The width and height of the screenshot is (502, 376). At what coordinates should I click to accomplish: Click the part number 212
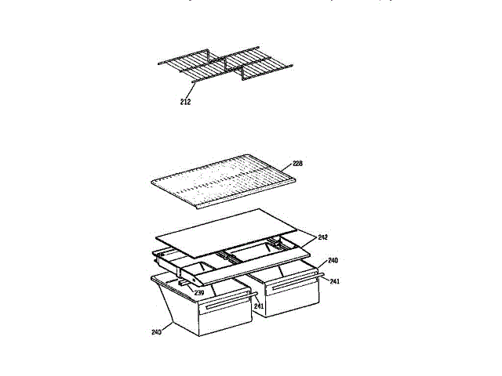pos(185,100)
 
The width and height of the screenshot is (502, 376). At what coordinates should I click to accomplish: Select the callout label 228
pos(297,164)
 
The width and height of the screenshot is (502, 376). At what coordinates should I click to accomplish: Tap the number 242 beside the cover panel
pos(323,236)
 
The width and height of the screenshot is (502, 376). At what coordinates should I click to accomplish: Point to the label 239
pos(199,293)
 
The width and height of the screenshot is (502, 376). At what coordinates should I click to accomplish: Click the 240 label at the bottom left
pos(156,331)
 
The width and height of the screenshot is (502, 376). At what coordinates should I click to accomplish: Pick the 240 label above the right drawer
pos(333,260)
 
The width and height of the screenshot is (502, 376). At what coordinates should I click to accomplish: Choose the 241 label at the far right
pos(334,281)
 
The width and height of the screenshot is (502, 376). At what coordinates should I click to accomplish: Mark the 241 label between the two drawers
pos(259,306)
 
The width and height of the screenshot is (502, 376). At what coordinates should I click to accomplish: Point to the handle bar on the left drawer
pos(224,304)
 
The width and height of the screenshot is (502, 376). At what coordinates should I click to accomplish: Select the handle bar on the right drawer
pos(293,284)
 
